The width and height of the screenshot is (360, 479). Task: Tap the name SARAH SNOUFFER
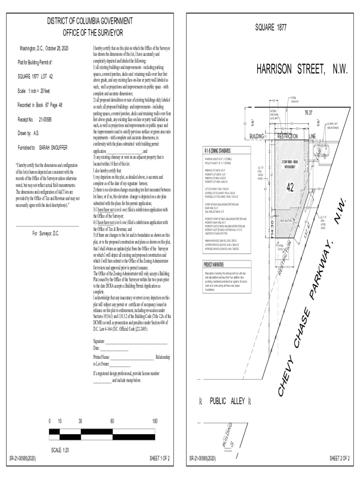[x=54, y=147]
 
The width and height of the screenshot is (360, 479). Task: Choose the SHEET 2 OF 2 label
[x=340, y=458]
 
